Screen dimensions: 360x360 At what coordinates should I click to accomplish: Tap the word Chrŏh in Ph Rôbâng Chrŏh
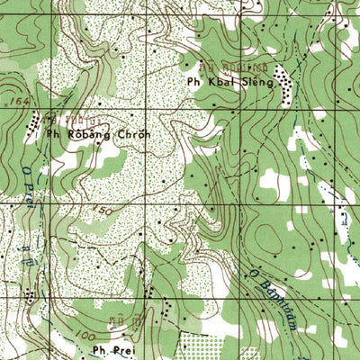130,135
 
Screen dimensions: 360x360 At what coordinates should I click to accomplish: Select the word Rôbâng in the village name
87,135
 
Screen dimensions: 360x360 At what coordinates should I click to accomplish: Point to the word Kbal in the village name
218,81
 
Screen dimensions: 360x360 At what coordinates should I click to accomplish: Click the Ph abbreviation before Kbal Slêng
193,81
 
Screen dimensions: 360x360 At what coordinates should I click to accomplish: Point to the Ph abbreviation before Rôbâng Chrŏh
52,135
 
